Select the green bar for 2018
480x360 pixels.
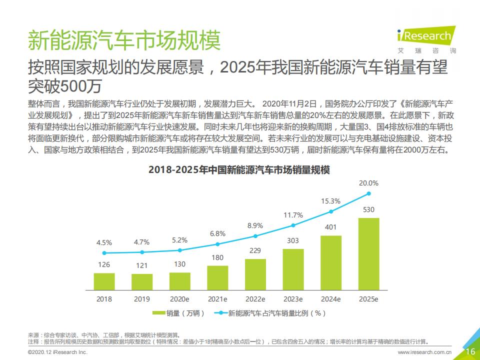pyautogui.click(x=104, y=281)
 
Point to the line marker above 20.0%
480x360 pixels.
pyautogui.click(x=369, y=193)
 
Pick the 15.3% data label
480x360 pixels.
pyautogui.click(x=330, y=201)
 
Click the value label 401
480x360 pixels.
pyautogui.click(x=330, y=227)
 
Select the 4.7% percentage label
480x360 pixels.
pyautogui.click(x=141, y=242)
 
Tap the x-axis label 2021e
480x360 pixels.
pyautogui.click(x=217, y=299)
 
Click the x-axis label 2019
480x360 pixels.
pyautogui.click(x=141, y=299)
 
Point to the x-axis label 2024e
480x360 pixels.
pyautogui.click(x=330, y=299)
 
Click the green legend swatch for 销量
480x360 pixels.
pyautogui.click(x=158, y=313)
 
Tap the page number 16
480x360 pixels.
pyautogui.click(x=470, y=351)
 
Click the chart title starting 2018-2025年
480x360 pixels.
pyautogui.click(x=239, y=170)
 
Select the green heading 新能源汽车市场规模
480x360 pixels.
pyautogui.click(x=123, y=40)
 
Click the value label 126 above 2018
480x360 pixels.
pyautogui.click(x=103, y=264)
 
